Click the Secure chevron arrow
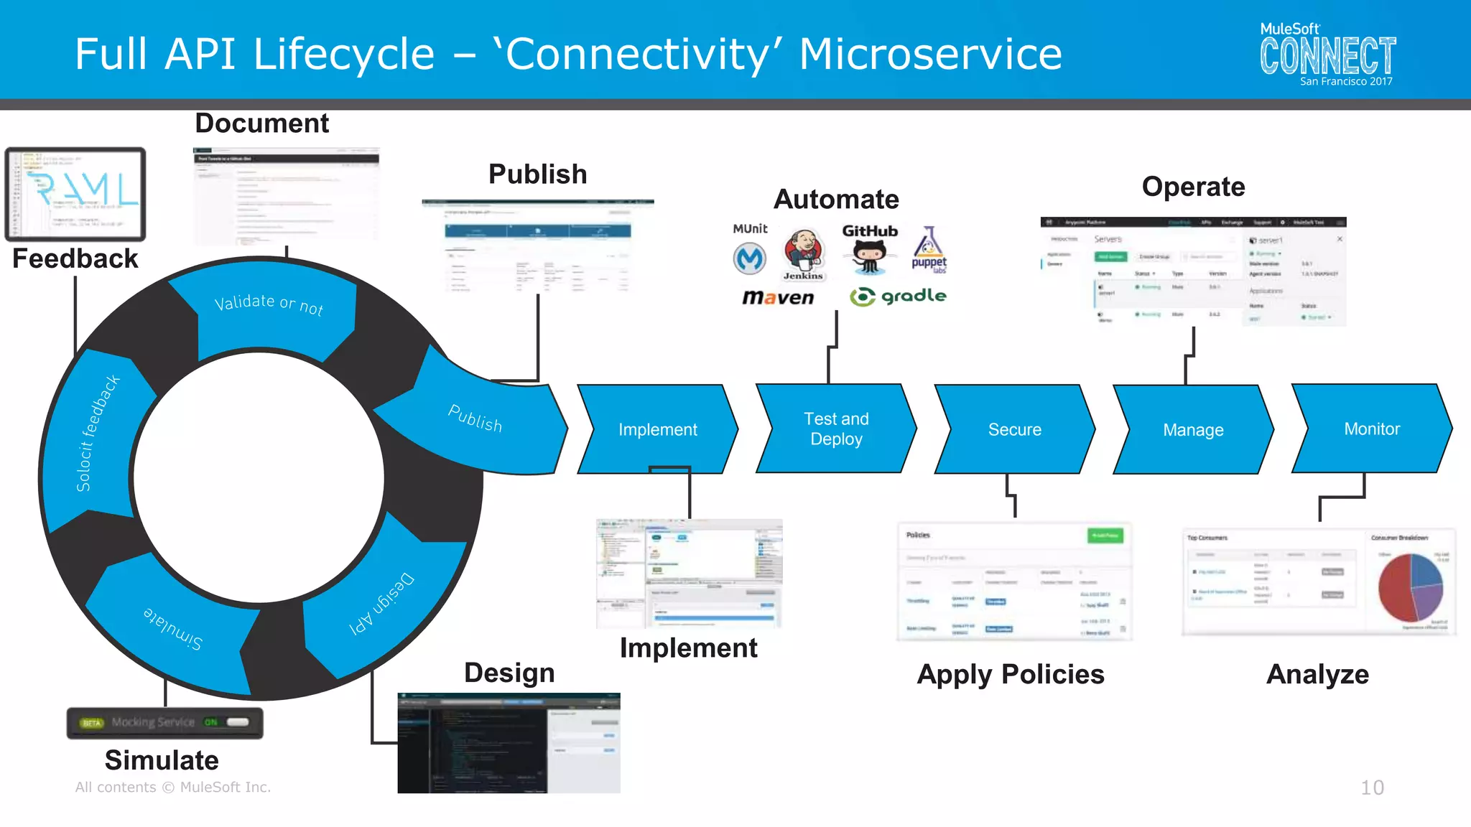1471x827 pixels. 1014,429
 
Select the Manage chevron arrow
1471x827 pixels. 1193,429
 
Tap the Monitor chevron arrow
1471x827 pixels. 1372,429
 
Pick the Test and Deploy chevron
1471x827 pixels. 836,429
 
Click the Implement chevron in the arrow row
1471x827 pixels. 658,429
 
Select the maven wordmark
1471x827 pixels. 778,297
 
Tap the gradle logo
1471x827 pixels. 898,296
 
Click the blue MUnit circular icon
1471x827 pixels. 749,258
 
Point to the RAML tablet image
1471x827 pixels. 75,194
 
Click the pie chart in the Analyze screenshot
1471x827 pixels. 1410,587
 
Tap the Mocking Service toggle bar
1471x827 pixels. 165,722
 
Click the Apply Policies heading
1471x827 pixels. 1011,674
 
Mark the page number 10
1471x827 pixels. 1372,788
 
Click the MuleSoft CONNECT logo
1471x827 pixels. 1327,55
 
